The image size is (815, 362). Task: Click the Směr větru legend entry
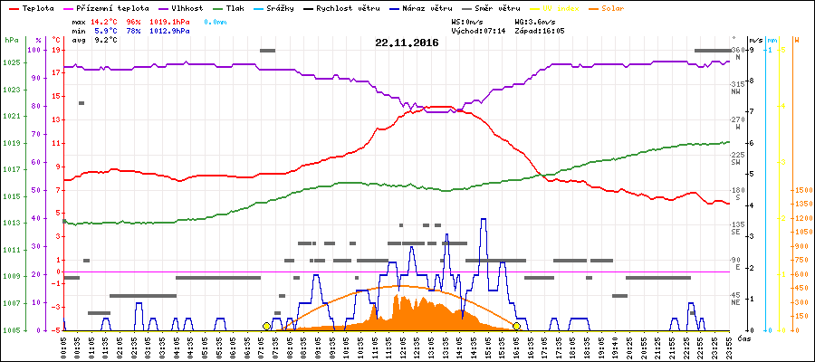[495, 7]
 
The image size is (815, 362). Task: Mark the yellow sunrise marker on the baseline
[266, 326]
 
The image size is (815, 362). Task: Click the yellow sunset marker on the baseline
[516, 326]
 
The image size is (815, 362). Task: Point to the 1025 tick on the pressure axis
[11, 62]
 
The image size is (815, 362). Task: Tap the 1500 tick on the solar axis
[802, 191]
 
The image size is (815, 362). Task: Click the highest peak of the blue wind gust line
[484, 219]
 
